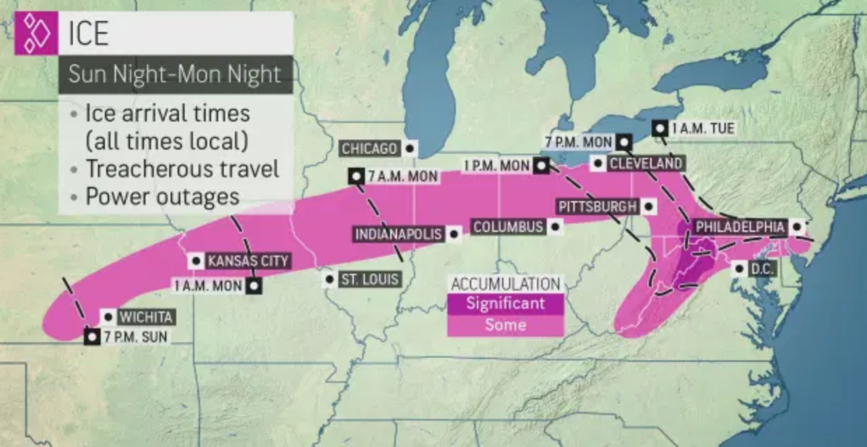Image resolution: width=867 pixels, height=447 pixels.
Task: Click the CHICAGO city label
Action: (369, 149)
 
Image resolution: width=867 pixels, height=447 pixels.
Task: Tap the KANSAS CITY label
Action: (247, 261)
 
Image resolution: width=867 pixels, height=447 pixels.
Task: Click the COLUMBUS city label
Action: (507, 227)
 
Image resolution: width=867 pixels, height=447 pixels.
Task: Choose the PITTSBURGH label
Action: (597, 207)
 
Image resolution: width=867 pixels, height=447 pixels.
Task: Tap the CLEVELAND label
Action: (645, 164)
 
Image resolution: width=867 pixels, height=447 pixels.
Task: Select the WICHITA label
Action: (146, 316)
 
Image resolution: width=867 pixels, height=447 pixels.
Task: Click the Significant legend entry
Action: (505, 303)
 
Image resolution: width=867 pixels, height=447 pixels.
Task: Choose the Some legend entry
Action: (505, 325)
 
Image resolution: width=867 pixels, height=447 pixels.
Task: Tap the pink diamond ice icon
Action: (35, 33)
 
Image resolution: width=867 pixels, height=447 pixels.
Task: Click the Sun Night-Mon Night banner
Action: (176, 74)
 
